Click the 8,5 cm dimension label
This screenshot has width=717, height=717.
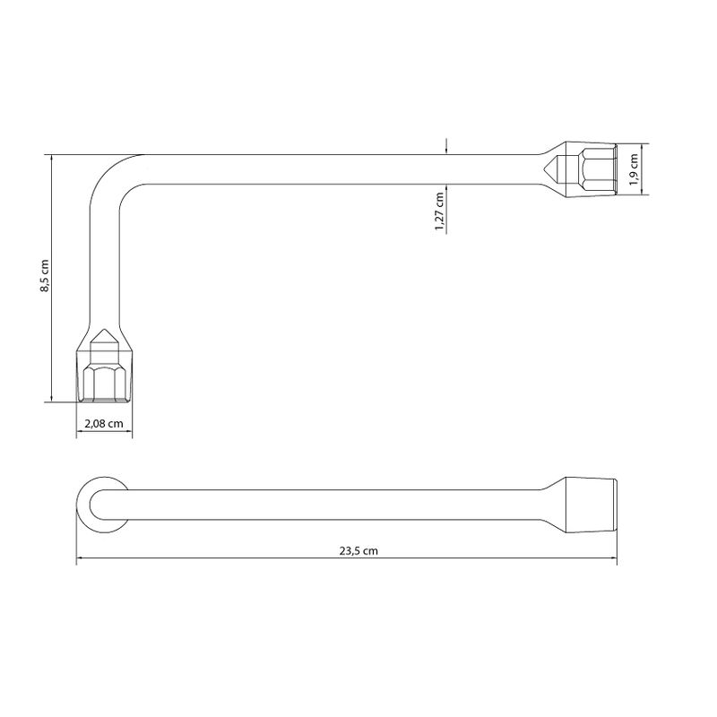pos(44,276)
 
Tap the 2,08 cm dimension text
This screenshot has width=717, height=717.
pos(104,424)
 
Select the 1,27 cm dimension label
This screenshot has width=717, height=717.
pos(439,212)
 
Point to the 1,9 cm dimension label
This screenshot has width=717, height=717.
pos(634,169)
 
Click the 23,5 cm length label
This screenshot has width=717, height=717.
pos(358,551)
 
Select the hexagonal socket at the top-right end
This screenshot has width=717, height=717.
pos(592,169)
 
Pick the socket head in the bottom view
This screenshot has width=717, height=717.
pos(592,505)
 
